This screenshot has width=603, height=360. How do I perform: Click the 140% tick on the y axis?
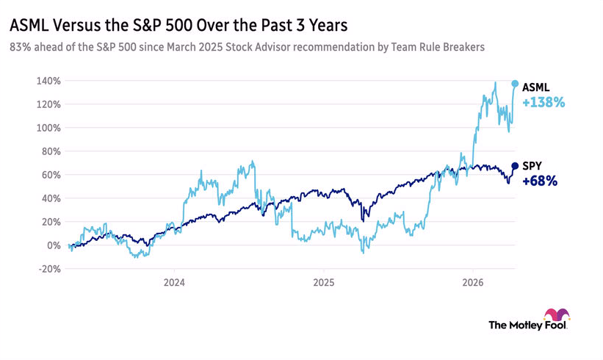(49, 81)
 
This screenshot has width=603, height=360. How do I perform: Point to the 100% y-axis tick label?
(49, 128)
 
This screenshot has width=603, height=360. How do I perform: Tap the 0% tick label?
(54, 245)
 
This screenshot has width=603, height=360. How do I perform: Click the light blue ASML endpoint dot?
(515, 84)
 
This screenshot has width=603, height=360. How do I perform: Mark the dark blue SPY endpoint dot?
(515, 166)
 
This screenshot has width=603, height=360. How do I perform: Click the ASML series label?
(535, 86)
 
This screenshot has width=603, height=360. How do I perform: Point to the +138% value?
(543, 104)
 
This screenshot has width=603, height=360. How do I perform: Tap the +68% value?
(540, 181)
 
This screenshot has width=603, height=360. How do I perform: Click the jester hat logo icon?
(557, 315)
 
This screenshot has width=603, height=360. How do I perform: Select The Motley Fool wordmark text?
(527, 324)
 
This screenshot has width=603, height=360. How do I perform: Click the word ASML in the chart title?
(26, 25)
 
